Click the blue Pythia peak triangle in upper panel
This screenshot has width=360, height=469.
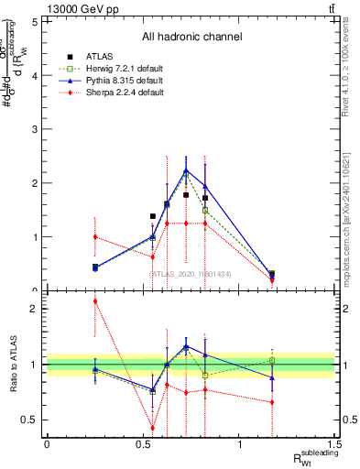point(186,170)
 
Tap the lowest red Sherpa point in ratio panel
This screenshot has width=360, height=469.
point(153,428)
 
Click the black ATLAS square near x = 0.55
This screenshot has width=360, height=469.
point(153,216)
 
